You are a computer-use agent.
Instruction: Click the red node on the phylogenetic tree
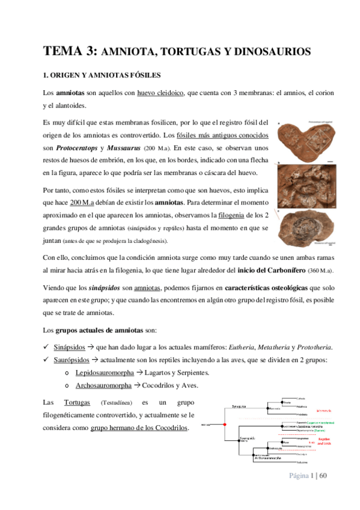click(224, 425)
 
